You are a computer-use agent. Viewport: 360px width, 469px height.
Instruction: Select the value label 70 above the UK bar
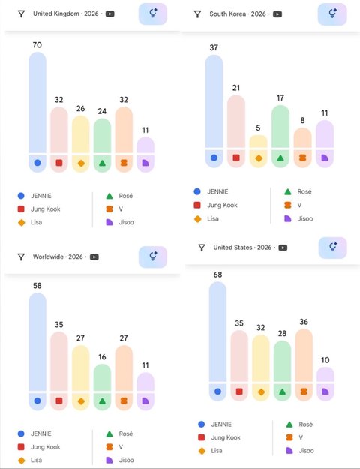(x=37, y=45)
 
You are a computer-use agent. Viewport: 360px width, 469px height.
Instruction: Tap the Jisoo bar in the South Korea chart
(x=325, y=134)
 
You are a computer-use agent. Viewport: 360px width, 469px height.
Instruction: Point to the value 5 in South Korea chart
(x=258, y=128)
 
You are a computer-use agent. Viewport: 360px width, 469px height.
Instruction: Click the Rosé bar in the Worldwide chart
(x=102, y=377)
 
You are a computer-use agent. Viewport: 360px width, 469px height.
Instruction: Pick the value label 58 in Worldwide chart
(x=37, y=286)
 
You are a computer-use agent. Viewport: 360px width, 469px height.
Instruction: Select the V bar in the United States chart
(x=304, y=356)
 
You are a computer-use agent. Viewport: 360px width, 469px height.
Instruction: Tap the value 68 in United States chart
(x=217, y=275)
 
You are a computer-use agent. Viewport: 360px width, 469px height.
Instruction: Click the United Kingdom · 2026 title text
(x=66, y=14)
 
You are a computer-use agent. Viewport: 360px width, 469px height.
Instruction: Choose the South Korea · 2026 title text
(x=238, y=14)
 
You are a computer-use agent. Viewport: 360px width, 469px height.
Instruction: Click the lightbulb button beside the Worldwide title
(x=153, y=257)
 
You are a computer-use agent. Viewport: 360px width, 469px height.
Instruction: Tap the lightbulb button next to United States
(x=333, y=248)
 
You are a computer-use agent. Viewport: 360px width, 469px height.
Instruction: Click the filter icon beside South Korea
(x=197, y=14)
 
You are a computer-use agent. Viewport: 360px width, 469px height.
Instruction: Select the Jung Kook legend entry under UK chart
(x=39, y=209)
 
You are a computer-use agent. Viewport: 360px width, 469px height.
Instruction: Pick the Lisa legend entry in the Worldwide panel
(x=30, y=460)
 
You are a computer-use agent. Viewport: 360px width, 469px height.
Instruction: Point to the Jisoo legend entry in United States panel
(x=300, y=450)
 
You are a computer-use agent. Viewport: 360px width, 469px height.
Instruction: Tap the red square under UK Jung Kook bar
(x=59, y=163)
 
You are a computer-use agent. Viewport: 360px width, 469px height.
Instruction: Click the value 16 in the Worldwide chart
(x=102, y=357)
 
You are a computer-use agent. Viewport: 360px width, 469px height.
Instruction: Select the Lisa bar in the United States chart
(x=261, y=359)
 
